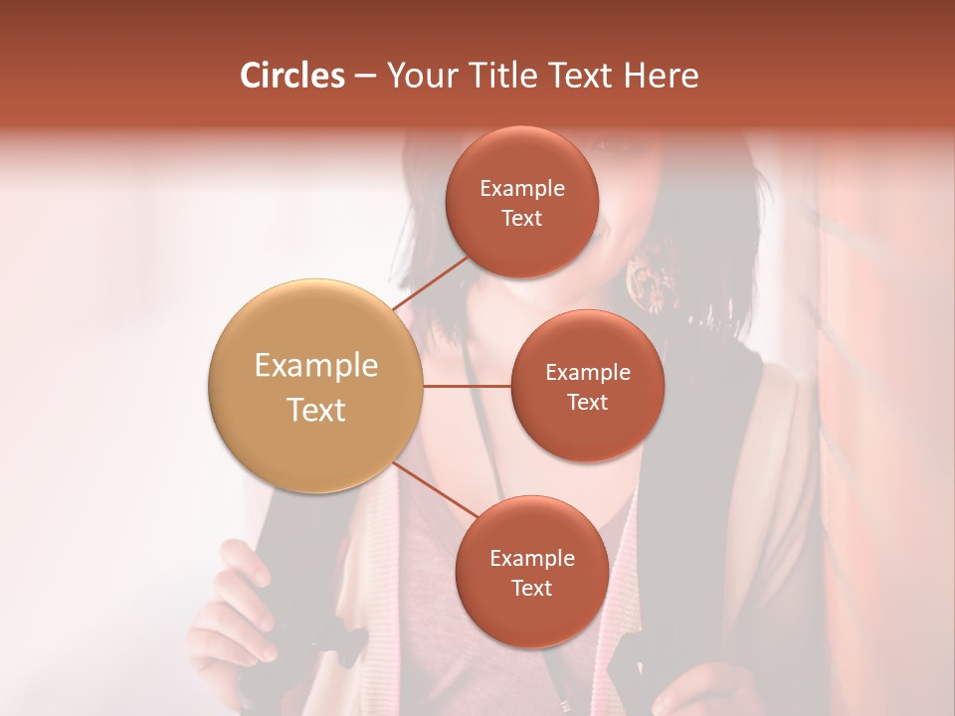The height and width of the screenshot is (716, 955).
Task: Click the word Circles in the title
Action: [291, 76]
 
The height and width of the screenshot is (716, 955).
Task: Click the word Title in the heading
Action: [494, 76]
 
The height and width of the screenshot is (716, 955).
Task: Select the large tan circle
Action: [315, 386]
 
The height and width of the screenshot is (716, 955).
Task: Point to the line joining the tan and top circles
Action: [430, 282]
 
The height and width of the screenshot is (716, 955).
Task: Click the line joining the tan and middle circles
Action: [468, 386]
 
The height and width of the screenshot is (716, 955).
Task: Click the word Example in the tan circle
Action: [316, 366]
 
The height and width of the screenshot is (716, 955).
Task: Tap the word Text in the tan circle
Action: [316, 410]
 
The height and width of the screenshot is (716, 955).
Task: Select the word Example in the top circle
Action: [522, 189]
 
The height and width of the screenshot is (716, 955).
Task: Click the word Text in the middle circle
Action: [587, 403]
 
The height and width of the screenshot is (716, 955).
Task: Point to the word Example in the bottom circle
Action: [532, 559]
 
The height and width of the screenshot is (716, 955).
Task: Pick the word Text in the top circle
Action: [522, 219]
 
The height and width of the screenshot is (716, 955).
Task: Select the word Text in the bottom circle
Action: [532, 589]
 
